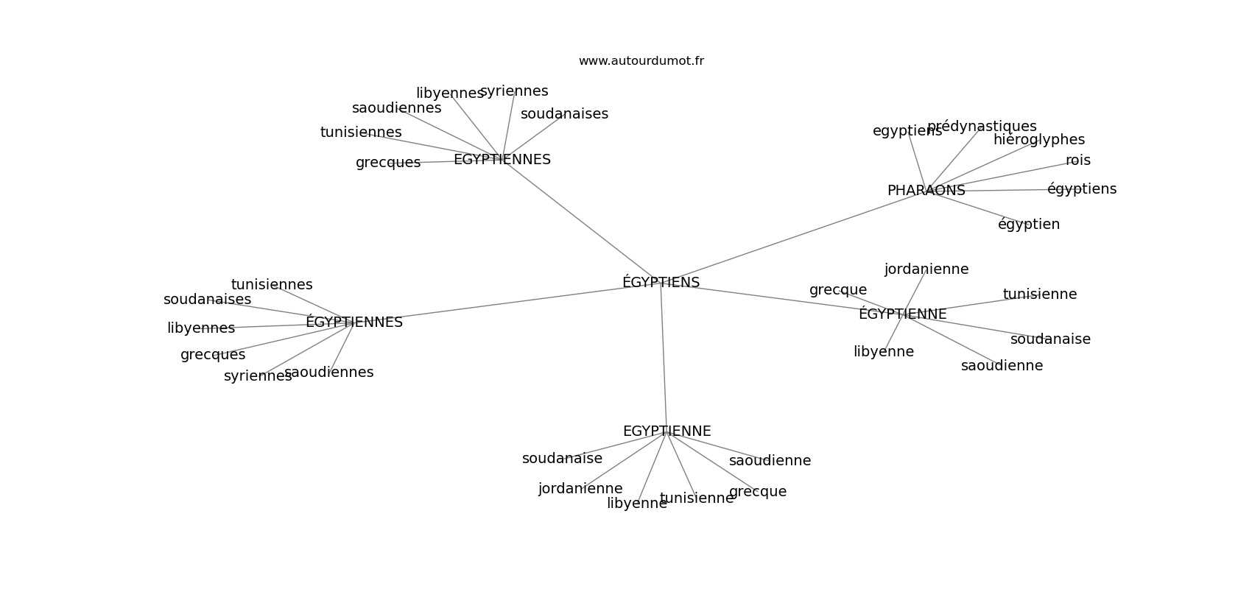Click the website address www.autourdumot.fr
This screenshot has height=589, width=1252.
tap(641, 61)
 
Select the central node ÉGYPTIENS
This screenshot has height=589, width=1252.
tap(661, 282)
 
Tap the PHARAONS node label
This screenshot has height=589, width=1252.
tap(926, 191)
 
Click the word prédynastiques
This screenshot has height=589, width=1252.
tap(982, 127)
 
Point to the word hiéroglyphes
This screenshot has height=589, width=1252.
tap(1038, 140)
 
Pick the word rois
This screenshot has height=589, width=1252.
tap(1077, 161)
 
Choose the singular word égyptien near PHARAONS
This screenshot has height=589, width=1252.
tap(1029, 225)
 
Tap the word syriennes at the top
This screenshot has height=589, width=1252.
tap(514, 91)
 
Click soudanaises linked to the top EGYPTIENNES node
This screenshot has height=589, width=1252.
tap(564, 114)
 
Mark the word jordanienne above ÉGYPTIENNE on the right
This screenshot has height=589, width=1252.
tap(926, 269)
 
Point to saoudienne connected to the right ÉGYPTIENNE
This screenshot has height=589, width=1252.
tap(1002, 366)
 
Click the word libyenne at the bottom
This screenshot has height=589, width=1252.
tap(636, 504)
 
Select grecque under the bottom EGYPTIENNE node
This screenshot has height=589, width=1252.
tap(758, 492)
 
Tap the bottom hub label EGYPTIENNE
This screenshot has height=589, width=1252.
tap(667, 431)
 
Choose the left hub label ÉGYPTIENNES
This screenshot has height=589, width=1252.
tap(354, 322)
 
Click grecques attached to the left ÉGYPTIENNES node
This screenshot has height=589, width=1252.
tap(213, 355)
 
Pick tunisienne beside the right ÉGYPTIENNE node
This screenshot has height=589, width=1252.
tap(1039, 294)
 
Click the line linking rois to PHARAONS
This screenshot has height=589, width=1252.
tap(1002, 174)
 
